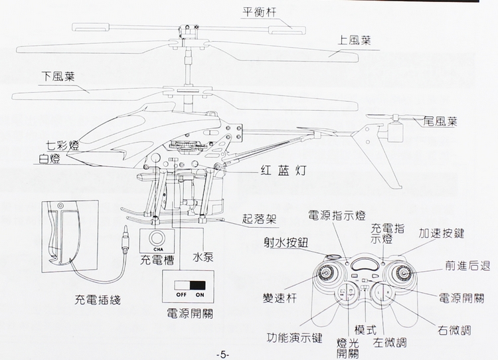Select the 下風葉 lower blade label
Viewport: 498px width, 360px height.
58,76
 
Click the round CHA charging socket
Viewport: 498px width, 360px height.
157,238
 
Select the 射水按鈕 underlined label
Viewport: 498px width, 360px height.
285,242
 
